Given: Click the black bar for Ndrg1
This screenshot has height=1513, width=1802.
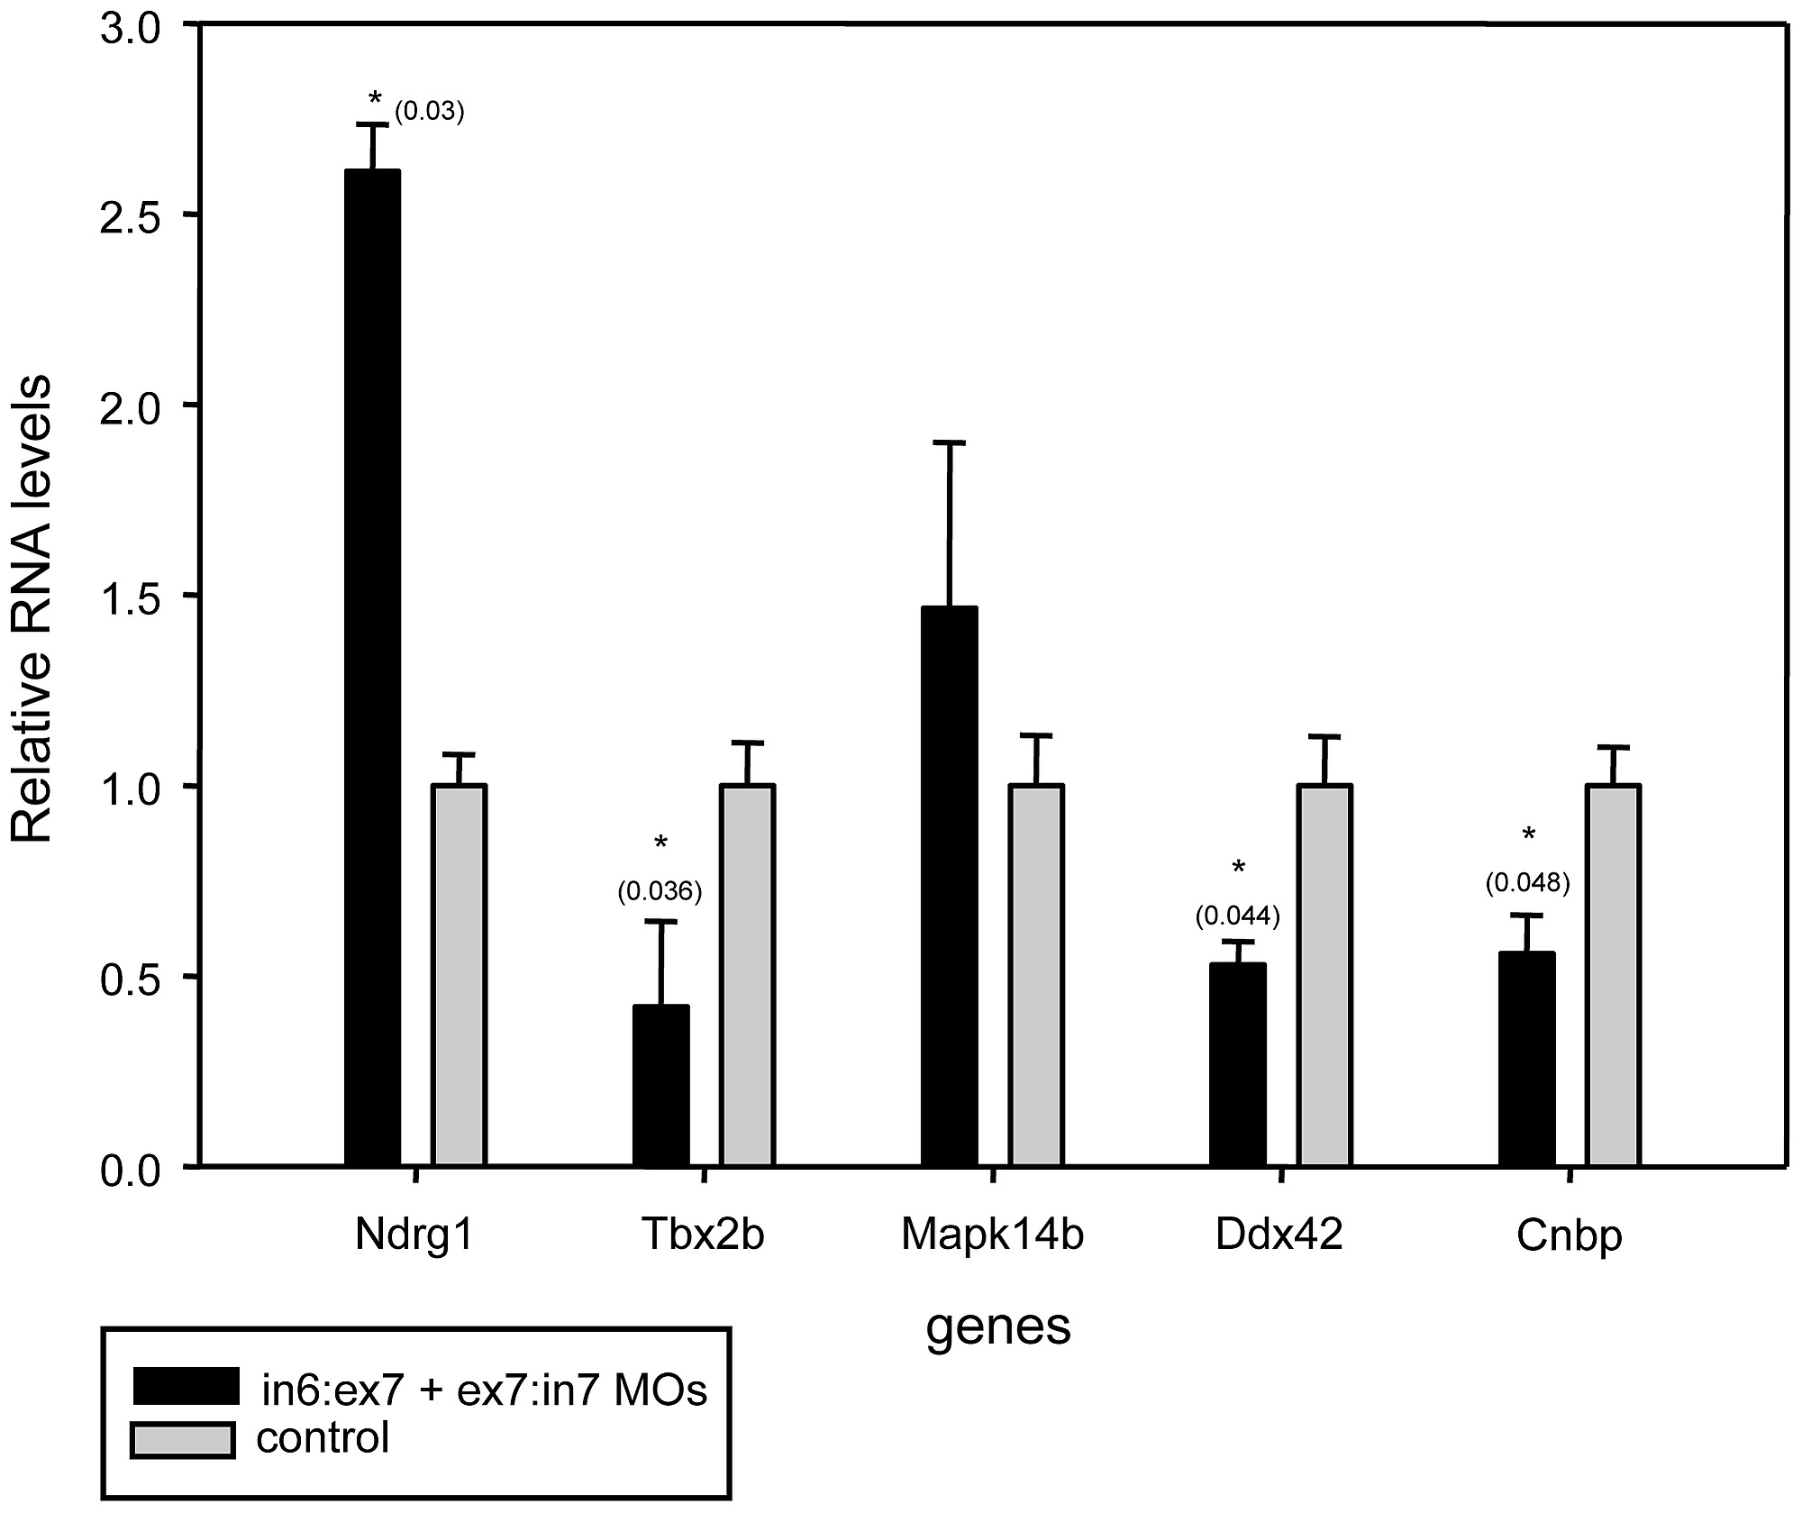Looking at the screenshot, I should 372,667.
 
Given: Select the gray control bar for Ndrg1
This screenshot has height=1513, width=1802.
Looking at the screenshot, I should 460,975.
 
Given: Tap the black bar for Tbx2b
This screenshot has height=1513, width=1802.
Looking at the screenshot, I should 661,1085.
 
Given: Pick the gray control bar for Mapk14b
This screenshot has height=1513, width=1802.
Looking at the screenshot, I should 1036,975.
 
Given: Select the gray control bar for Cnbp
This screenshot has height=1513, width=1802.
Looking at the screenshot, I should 1614,975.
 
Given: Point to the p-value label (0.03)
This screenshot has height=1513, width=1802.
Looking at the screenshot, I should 429,113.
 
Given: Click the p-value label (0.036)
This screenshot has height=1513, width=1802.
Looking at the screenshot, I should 660,891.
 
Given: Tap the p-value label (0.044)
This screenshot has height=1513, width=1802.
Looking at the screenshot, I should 1237,916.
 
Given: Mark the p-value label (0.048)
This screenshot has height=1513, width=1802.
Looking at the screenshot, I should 1527,883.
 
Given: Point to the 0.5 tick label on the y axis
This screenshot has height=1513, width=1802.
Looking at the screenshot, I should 135,977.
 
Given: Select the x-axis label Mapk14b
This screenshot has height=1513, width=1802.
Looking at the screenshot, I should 992,1235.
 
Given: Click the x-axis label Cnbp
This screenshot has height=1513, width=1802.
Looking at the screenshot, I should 1569,1235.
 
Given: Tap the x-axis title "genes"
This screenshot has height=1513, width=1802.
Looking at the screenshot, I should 998,1326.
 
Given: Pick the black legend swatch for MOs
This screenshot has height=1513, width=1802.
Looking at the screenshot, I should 186,1386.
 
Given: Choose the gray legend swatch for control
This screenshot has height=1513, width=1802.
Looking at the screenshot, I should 183,1440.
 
